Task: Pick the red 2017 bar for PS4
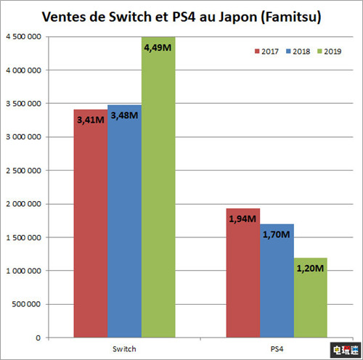point(242,283)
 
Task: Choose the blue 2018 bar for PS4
point(277,290)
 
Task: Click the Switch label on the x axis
point(124,348)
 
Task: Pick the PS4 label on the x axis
point(277,348)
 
